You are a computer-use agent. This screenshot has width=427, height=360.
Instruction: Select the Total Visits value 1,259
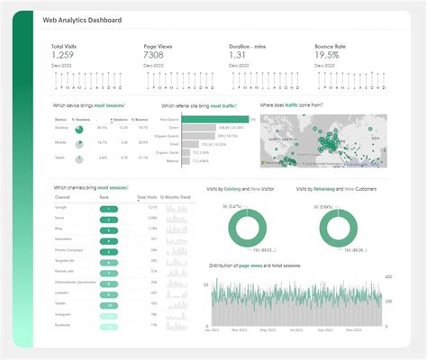[x=68, y=55]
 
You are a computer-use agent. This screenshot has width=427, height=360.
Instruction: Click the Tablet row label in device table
[x=61, y=157]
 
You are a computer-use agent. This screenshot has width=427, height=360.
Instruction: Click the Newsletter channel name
[x=66, y=239]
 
